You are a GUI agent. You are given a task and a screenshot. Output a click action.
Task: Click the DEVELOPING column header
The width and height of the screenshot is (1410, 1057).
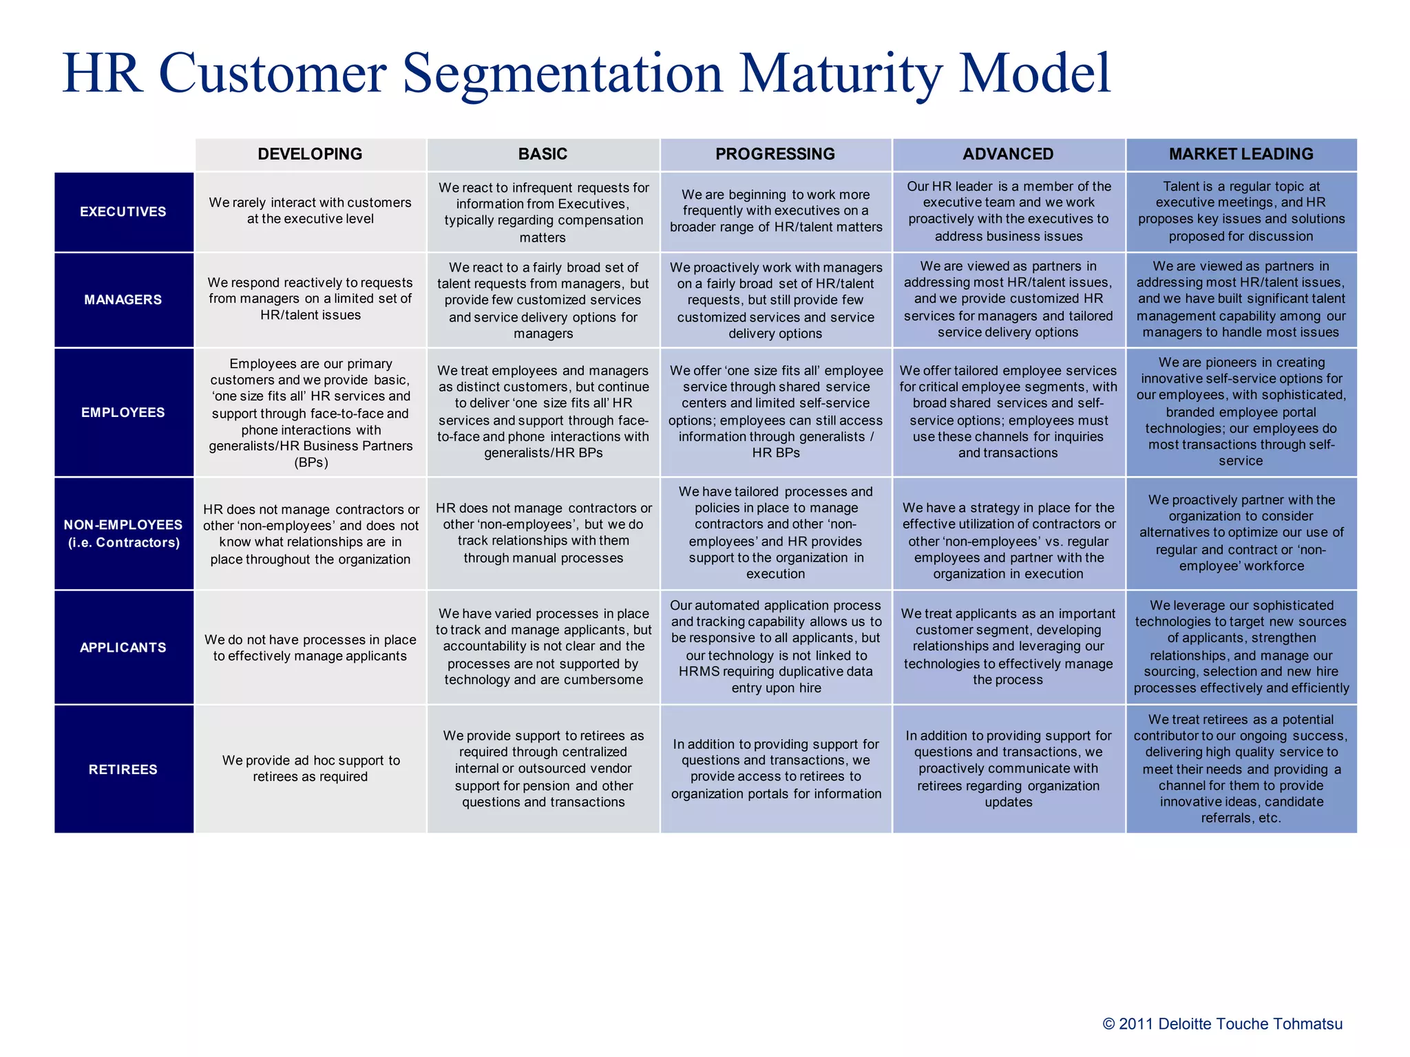(310, 154)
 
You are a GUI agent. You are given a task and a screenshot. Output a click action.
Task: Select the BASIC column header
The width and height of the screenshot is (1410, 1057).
(543, 154)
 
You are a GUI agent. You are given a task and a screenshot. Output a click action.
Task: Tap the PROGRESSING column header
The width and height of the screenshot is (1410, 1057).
(775, 154)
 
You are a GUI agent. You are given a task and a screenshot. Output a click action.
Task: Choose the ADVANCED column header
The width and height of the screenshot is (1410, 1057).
(1008, 154)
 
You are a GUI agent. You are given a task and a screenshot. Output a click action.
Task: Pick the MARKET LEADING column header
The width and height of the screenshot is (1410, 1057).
(1241, 154)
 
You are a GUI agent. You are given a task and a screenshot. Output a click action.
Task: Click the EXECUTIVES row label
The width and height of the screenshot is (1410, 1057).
(123, 212)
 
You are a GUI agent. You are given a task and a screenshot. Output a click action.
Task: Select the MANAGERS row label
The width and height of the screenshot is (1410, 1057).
(123, 299)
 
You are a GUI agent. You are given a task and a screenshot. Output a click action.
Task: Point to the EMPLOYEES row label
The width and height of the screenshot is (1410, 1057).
(123, 412)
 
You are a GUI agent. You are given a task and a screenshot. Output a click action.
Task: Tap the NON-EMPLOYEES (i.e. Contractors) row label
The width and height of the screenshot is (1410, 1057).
(123, 533)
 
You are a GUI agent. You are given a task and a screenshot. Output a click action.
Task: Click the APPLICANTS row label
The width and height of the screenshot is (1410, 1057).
(123, 648)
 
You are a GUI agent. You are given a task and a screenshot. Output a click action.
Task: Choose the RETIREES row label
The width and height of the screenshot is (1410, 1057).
(123, 769)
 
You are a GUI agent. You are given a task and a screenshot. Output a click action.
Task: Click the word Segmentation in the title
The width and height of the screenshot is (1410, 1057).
(562, 74)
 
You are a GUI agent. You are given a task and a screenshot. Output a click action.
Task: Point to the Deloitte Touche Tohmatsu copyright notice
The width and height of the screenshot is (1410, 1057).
(1222, 1024)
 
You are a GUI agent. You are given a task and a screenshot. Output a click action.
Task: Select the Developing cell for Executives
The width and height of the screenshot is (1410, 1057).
(310, 211)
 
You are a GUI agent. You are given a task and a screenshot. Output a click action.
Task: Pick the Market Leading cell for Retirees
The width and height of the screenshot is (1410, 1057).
(1241, 769)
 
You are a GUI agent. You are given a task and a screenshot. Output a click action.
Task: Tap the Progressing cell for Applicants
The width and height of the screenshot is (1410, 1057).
(775, 647)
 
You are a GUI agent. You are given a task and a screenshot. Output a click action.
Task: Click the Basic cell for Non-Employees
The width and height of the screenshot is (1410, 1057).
(543, 533)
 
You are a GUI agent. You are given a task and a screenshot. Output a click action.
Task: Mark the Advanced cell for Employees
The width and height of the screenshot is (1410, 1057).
(1008, 412)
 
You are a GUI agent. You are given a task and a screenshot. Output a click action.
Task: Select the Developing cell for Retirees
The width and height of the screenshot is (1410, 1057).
(310, 769)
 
